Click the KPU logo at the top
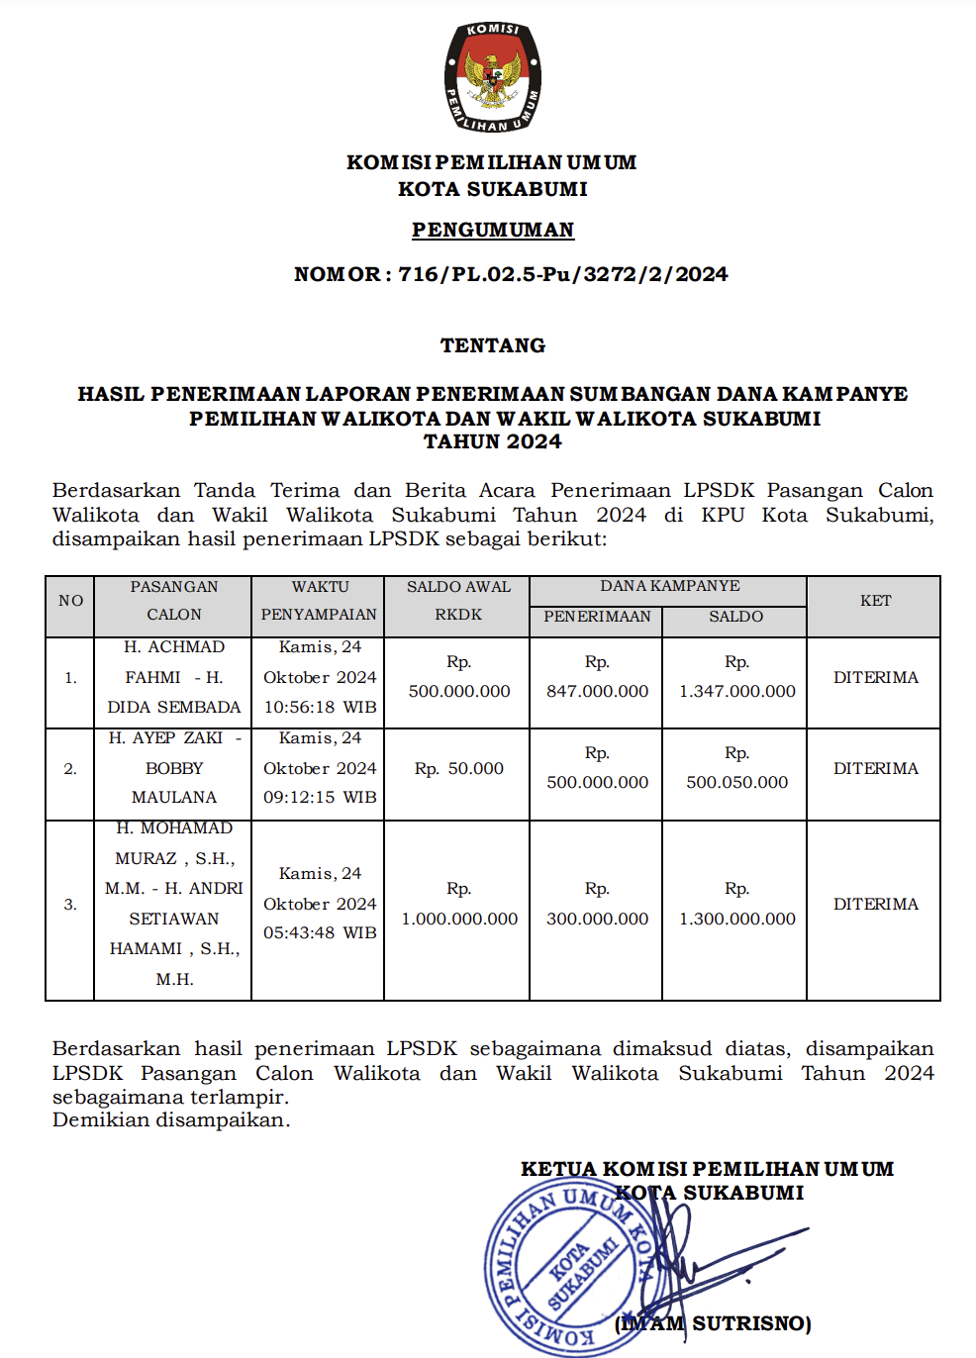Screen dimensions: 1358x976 pyautogui.click(x=492, y=77)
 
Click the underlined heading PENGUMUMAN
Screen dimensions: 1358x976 pyautogui.click(x=493, y=230)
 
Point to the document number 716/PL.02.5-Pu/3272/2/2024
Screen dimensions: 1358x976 pyautogui.click(x=563, y=274)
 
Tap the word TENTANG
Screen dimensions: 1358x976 pyautogui.click(x=493, y=345)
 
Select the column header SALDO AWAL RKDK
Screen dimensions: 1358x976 pyautogui.click(x=458, y=600)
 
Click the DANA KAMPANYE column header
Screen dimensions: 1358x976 pyautogui.click(x=669, y=586)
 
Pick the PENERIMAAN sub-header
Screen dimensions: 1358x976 pyautogui.click(x=597, y=617)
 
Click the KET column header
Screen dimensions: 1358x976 pyautogui.click(x=875, y=601)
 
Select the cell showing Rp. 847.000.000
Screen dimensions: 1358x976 pyautogui.click(x=597, y=677)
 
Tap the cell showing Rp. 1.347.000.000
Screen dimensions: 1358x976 pyautogui.click(x=736, y=677)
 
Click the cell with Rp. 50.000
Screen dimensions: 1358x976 pyautogui.click(x=458, y=768)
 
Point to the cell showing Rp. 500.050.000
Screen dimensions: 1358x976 pyautogui.click(x=736, y=768)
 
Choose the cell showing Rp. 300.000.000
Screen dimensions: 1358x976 pyautogui.click(x=597, y=905)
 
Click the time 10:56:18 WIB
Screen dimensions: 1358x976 pyautogui.click(x=320, y=708)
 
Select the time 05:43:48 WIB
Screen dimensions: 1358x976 pyautogui.click(x=320, y=933)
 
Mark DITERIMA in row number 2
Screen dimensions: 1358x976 pyautogui.click(x=875, y=768)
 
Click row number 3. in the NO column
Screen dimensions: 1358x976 pyautogui.click(x=70, y=905)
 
